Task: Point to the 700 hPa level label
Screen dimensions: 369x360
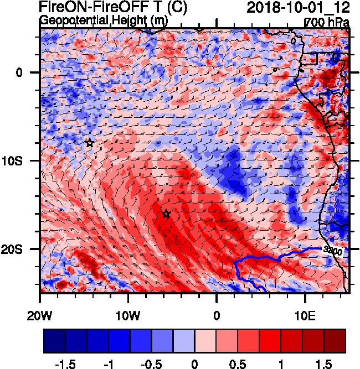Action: pyautogui.click(x=327, y=22)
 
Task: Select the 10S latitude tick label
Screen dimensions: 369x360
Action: pyautogui.click(x=22, y=160)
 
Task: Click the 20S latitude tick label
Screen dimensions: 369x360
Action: pyautogui.click(x=22, y=249)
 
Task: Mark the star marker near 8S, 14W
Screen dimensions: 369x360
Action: pyautogui.click(x=90, y=143)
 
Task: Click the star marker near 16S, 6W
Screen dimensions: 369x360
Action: pyautogui.click(x=166, y=214)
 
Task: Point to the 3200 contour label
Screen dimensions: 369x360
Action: pyautogui.click(x=332, y=251)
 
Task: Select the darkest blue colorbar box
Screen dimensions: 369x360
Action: pyautogui.click(x=54, y=341)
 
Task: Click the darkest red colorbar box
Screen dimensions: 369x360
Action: pyautogui.click(x=335, y=341)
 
